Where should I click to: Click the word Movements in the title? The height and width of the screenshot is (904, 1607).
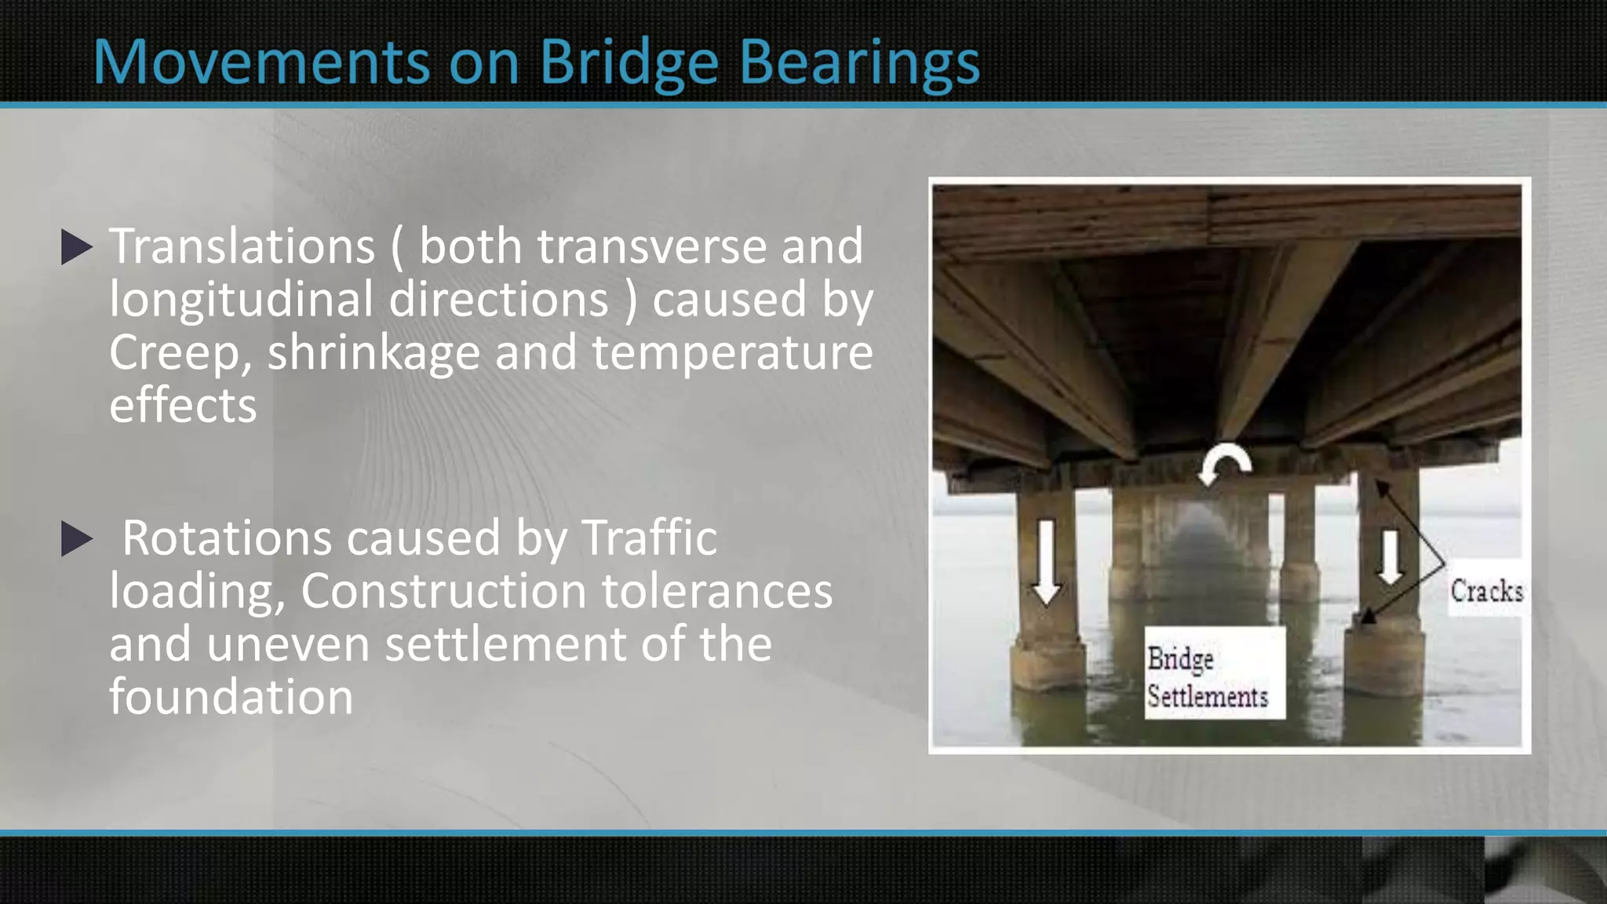261,63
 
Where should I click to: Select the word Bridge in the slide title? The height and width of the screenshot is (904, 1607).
629,63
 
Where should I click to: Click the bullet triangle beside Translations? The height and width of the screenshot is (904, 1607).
76,247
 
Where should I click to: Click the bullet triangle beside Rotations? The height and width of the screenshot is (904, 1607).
76,540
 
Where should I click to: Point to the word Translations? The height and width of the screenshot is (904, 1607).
242,247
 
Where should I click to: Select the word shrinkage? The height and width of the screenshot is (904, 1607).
374,353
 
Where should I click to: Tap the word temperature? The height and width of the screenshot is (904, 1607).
731,353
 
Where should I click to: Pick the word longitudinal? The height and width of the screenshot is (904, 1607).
241,300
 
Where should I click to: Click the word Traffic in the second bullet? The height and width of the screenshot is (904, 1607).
649,539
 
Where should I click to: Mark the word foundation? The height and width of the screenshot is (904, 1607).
231,697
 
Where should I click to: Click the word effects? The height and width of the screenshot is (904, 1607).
183,406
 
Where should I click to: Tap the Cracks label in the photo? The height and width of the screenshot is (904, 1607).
1486,590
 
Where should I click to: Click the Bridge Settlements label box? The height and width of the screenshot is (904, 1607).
1214,673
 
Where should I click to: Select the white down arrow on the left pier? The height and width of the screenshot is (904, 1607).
1045,562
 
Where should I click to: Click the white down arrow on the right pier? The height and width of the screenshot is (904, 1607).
1390,556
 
